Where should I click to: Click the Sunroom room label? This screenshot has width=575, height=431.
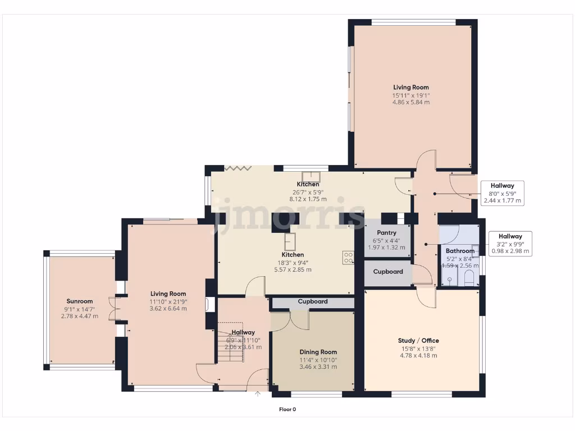tap(79, 301)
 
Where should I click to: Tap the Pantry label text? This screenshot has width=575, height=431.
tap(386, 233)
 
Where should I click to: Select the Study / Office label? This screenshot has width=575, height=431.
tap(418, 341)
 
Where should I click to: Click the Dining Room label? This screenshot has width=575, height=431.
tap(318, 352)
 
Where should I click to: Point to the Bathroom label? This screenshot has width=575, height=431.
tap(460, 251)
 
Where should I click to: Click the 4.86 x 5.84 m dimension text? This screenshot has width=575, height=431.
tap(411, 103)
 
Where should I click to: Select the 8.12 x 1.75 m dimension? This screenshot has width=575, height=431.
tap(308, 199)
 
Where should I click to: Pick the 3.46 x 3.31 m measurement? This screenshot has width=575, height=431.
tap(318, 367)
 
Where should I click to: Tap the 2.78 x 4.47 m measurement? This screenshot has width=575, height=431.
tap(79, 316)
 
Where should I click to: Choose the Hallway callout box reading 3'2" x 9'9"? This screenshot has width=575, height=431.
tap(510, 244)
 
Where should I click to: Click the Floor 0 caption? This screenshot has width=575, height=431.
tap(287, 409)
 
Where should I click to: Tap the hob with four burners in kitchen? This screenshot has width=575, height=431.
tap(348, 258)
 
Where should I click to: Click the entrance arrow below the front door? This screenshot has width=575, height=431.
tap(258, 394)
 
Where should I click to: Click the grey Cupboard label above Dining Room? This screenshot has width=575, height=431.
tap(313, 302)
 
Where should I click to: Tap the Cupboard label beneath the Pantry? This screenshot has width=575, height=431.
tap(388, 272)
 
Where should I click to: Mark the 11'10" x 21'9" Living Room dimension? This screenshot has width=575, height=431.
tap(168, 301)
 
